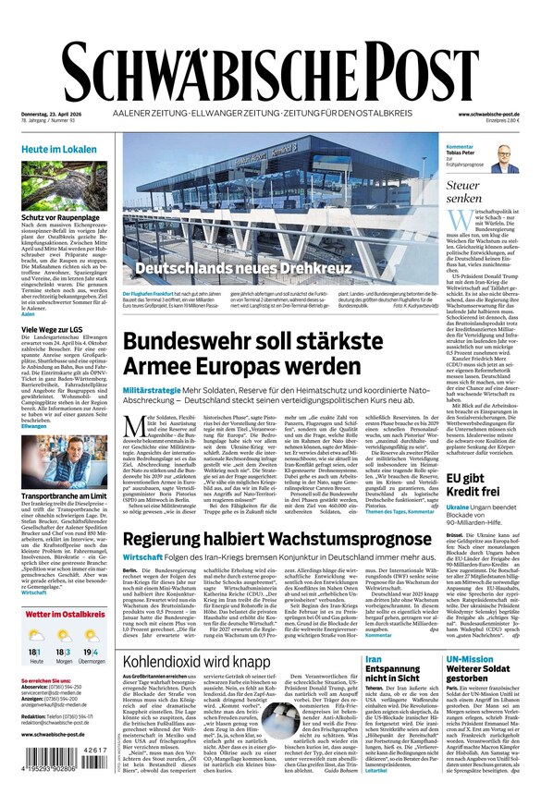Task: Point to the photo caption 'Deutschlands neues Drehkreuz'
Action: coord(244,269)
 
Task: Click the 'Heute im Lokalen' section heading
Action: coord(59,149)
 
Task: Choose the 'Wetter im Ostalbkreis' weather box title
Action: coord(66,615)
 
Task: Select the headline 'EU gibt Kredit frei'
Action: coord(473,485)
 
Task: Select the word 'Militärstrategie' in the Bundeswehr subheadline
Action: coord(154,392)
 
